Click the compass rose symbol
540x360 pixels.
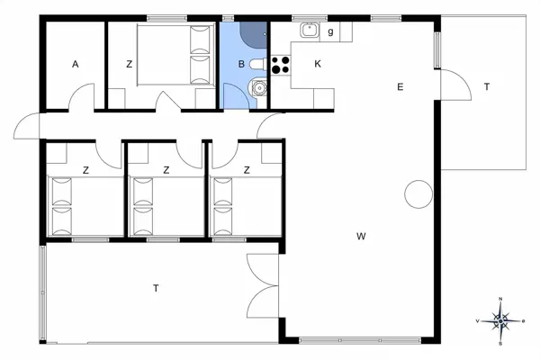[x=500, y=321]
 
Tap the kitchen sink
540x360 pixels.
[x=310, y=30]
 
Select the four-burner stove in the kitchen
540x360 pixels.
[x=280, y=65]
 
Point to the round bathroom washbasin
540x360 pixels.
[x=259, y=88]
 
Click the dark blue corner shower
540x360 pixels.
[x=254, y=34]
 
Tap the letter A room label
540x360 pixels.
[x=75, y=64]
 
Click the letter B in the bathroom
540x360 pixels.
[x=241, y=64]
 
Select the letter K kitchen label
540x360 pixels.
[x=318, y=64]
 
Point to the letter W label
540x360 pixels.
[x=361, y=237]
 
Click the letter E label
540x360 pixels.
[x=400, y=86]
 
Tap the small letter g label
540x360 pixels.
[x=330, y=32]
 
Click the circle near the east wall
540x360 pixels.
[x=418, y=194]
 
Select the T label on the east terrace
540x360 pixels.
[x=487, y=86]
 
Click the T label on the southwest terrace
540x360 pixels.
[x=156, y=288]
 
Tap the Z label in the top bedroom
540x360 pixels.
[x=129, y=64]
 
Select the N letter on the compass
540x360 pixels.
[x=500, y=299]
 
